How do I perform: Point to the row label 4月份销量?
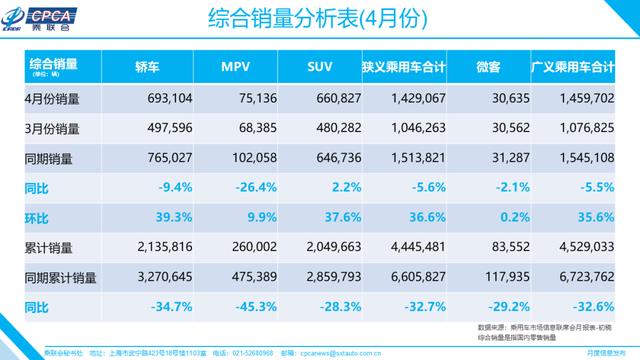click(51, 102)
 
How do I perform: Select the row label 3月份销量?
click(51, 129)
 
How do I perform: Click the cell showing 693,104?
click(150, 102)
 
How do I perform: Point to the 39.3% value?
click(151, 216)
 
